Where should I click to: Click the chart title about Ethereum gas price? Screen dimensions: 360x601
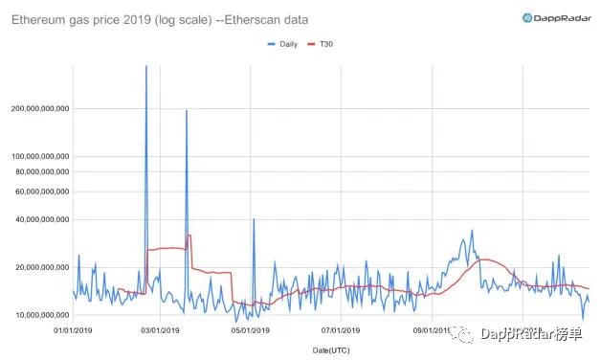(167, 18)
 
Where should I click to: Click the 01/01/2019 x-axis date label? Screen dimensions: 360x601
(73, 331)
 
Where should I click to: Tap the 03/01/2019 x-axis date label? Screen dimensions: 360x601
(160, 331)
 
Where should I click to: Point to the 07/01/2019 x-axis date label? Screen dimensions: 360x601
(340, 331)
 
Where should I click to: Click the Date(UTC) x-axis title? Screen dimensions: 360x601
(330, 350)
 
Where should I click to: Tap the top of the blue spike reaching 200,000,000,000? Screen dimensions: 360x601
(186, 111)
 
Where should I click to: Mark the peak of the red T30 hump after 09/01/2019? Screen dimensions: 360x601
(486, 259)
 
